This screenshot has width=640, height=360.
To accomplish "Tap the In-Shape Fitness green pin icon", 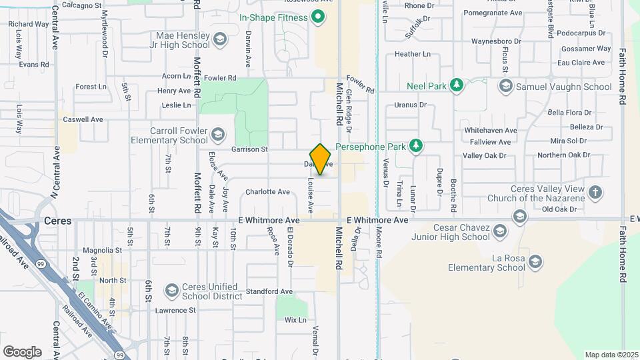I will (318, 17).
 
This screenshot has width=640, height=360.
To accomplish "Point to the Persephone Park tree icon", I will (416, 146).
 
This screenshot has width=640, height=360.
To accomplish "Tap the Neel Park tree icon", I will (456, 85).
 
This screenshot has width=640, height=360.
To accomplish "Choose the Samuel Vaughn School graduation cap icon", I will (506, 87).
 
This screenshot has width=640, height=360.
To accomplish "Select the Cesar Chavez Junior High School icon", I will (500, 231).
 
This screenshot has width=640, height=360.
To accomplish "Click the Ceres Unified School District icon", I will (172, 291).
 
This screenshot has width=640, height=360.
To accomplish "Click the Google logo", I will (22, 352).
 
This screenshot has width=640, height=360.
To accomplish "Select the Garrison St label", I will (249, 149).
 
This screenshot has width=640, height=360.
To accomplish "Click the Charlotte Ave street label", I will (267, 192).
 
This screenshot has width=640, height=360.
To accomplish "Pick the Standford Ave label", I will (269, 291).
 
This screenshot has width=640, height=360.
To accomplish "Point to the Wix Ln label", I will (295, 320).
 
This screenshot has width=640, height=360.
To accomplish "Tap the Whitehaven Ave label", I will (491, 131).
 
